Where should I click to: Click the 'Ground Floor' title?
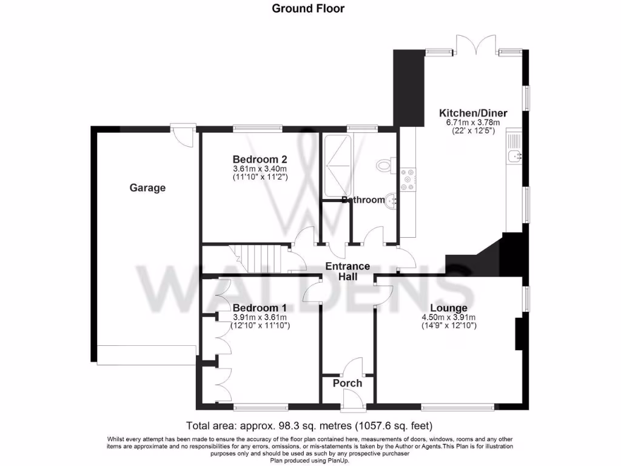[x=308, y=8]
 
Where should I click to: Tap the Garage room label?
[x=147, y=188]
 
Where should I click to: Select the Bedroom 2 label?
[x=260, y=159]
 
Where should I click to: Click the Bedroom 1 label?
[x=260, y=307]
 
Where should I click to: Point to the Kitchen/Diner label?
[x=473, y=113]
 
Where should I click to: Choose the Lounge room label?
[x=449, y=308]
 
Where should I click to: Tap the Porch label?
[x=347, y=383]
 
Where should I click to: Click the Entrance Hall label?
[x=347, y=271]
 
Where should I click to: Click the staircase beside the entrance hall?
[x=254, y=259]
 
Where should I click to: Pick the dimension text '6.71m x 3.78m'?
[x=473, y=122]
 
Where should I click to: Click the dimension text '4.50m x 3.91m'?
[x=449, y=317]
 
